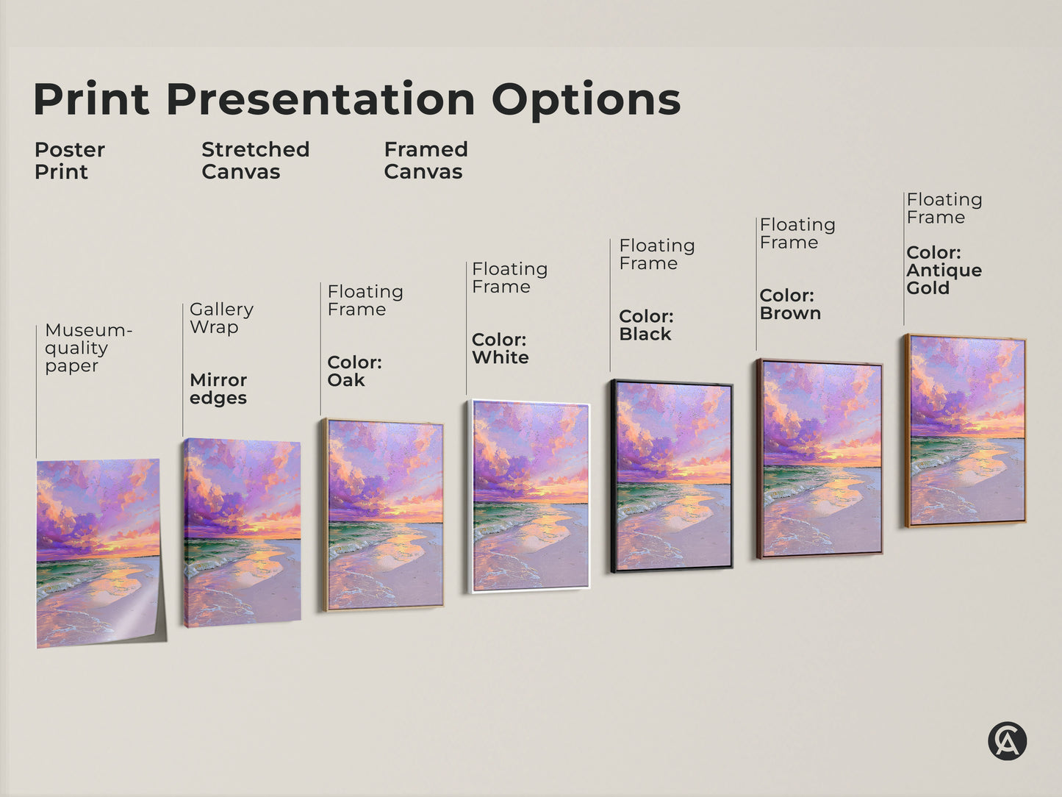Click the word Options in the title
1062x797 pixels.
pyautogui.click(x=586, y=100)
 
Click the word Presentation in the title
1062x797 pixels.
pyautogui.click(x=320, y=100)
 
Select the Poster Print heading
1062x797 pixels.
pyautogui.click(x=70, y=160)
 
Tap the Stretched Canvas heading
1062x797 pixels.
pyautogui.click(x=255, y=160)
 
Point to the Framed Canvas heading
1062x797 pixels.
pyautogui.click(x=426, y=160)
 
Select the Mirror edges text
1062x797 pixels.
pyautogui.click(x=218, y=389)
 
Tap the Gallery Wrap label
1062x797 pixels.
pyautogui.click(x=221, y=318)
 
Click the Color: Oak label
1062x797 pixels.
pyautogui.click(x=354, y=371)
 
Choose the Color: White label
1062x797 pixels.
pyautogui.click(x=500, y=349)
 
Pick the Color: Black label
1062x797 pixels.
pyautogui.click(x=646, y=325)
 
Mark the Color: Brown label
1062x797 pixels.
pyautogui.click(x=790, y=304)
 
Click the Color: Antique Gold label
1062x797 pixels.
pyautogui.click(x=944, y=270)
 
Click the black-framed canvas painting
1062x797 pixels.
pyautogui.click(x=672, y=476)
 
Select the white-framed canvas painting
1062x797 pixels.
pyautogui.click(x=529, y=496)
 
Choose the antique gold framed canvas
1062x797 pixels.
pyautogui.click(x=966, y=431)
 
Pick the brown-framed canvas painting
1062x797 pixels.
pyautogui.click(x=820, y=458)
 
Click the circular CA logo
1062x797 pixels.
pyautogui.click(x=1007, y=740)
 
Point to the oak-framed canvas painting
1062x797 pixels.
pyautogui.click(x=384, y=515)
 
